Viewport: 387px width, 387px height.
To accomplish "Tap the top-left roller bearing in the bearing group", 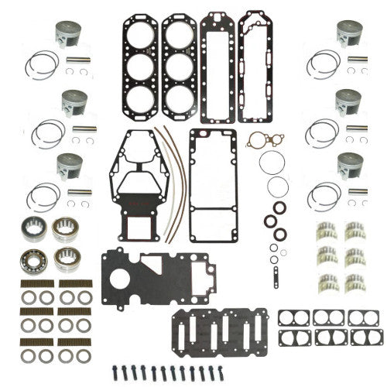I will (29, 227).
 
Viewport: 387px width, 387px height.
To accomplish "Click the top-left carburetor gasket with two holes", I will (292, 318).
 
